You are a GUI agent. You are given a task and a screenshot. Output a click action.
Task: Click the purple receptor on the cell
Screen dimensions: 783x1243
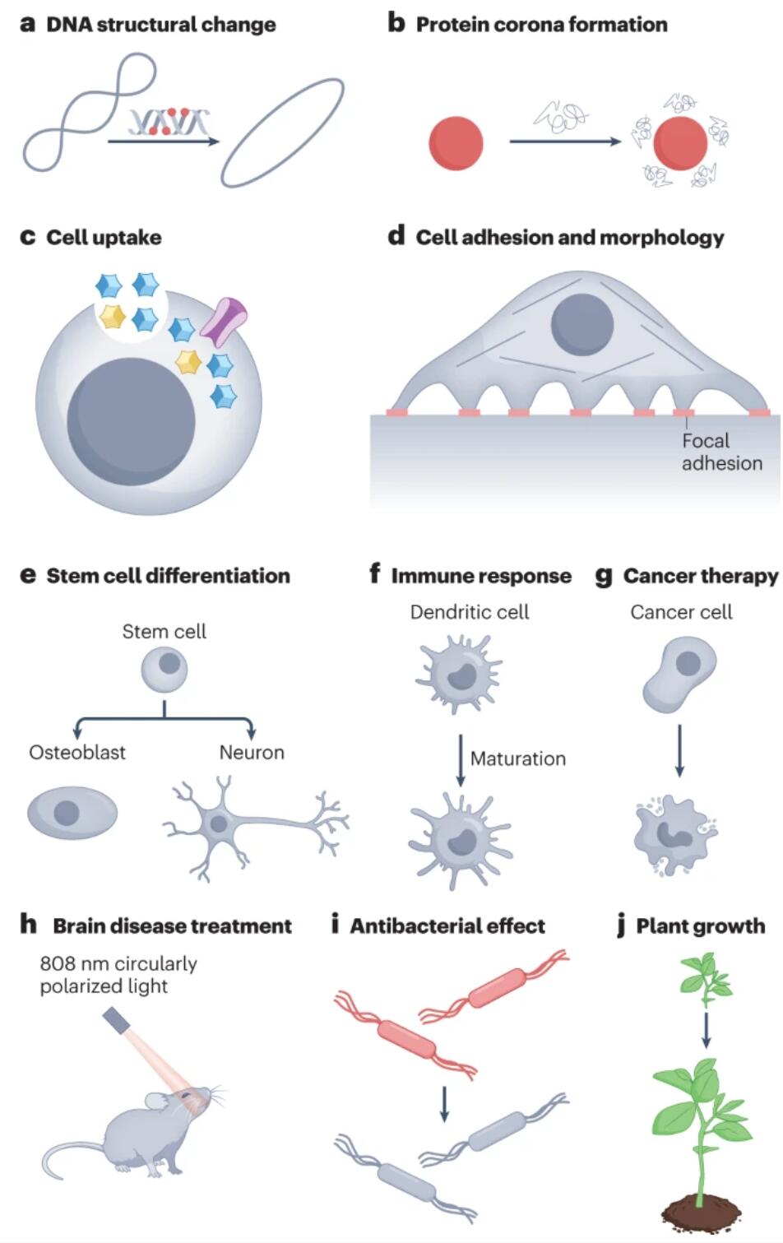(x=224, y=321)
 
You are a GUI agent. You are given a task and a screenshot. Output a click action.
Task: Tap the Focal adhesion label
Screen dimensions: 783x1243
(x=721, y=452)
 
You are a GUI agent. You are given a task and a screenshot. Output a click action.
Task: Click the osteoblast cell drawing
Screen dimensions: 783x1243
(x=72, y=813)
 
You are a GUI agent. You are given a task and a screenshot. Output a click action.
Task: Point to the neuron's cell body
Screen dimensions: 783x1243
(x=220, y=823)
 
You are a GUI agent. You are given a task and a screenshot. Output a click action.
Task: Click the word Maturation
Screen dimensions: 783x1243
(x=517, y=758)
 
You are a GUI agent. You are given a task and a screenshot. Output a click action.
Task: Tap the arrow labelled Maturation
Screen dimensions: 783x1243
(x=460, y=761)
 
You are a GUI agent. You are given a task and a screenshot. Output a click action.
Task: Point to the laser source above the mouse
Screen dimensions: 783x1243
(x=117, y=1018)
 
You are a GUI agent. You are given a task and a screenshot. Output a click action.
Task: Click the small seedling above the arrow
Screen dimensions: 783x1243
(x=706, y=980)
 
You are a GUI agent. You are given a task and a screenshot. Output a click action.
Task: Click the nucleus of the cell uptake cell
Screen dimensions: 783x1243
(x=131, y=421)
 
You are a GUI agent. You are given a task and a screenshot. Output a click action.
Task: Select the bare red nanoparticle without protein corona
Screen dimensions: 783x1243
(x=456, y=143)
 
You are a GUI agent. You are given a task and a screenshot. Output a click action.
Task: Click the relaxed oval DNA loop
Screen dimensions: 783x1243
(x=282, y=132)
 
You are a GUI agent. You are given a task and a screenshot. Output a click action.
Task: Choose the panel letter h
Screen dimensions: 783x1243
(x=28, y=924)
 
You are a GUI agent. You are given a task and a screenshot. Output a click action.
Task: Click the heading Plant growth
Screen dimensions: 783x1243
(x=700, y=926)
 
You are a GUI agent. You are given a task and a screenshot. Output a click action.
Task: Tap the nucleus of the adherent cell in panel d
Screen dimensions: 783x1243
(x=582, y=325)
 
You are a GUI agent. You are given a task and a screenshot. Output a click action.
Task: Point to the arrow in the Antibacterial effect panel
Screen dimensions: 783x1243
(x=444, y=1104)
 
